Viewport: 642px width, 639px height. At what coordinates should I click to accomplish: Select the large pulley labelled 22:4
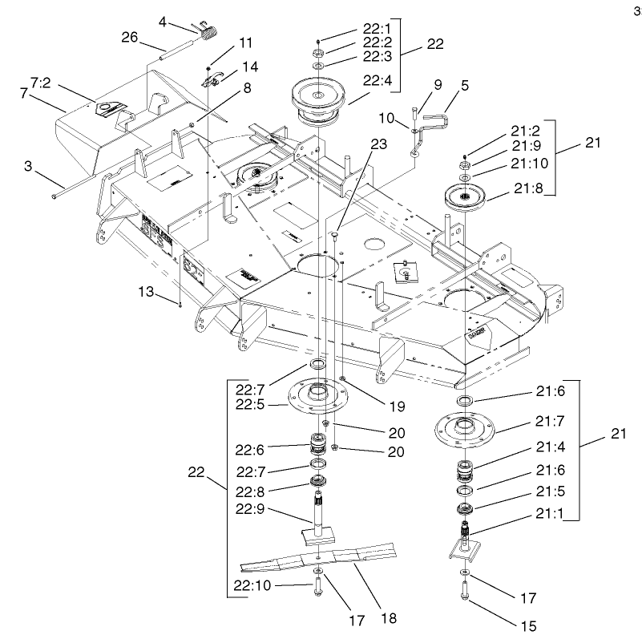click(x=318, y=96)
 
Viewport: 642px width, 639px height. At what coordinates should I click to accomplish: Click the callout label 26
click(x=131, y=36)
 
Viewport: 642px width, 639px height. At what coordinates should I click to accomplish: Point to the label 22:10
click(x=252, y=586)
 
